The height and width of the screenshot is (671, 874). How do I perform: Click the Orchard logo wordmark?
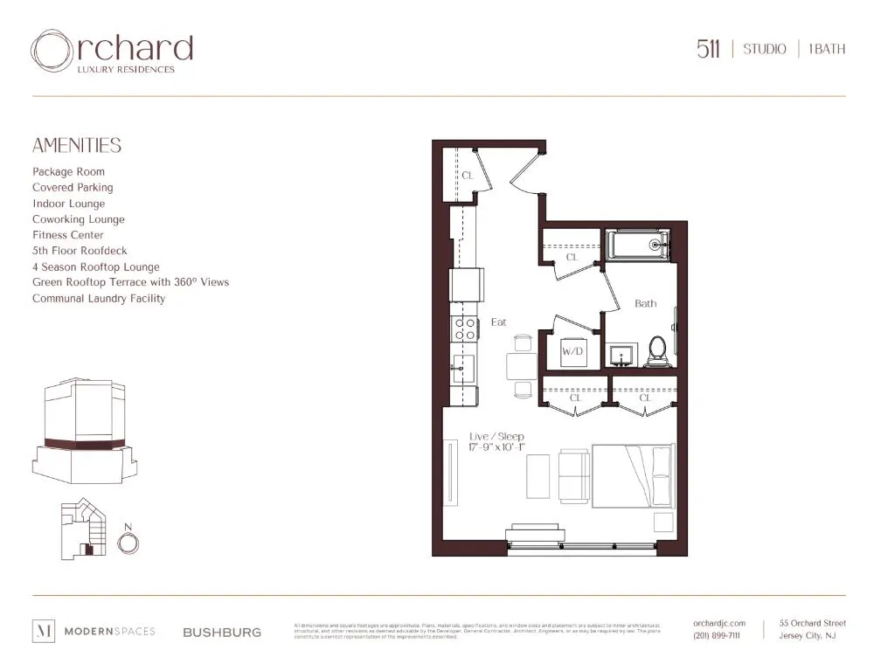click(x=112, y=51)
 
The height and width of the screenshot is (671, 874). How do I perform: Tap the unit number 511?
click(x=708, y=49)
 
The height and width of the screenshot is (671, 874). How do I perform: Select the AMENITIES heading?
click(x=77, y=146)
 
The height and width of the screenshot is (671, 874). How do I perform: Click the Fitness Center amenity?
click(x=68, y=235)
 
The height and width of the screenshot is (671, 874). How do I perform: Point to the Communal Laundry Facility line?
click(x=99, y=299)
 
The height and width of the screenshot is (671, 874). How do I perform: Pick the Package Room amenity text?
click(x=68, y=172)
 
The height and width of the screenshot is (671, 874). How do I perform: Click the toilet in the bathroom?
click(x=657, y=350)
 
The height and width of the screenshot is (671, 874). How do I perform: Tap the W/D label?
click(x=572, y=351)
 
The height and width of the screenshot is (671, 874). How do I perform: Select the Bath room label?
click(x=645, y=303)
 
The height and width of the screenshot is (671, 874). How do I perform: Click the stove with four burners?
click(x=464, y=329)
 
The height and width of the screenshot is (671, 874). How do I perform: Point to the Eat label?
click(x=498, y=322)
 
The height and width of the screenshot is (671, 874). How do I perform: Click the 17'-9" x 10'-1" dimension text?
click(x=497, y=447)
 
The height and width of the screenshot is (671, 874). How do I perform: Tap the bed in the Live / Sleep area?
click(x=633, y=475)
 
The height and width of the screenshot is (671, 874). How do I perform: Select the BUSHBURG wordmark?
click(x=221, y=632)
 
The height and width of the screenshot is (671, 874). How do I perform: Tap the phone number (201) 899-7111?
click(x=716, y=635)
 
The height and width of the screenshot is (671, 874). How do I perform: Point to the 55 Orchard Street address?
click(x=812, y=623)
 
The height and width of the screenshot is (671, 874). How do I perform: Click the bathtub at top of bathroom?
click(x=638, y=245)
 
